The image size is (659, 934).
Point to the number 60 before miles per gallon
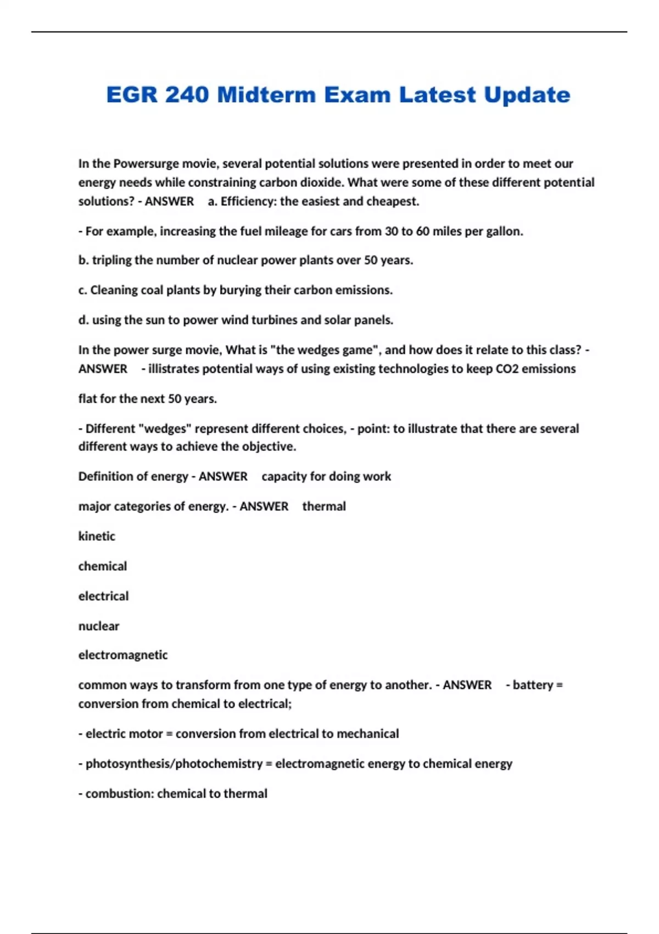(422, 231)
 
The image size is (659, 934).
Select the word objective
(268, 447)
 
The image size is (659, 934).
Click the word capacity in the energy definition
(284, 476)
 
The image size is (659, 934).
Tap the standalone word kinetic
(97, 536)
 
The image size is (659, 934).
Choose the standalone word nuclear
(99, 626)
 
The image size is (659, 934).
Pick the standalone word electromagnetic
(123, 655)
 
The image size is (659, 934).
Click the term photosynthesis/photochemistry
(174, 764)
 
